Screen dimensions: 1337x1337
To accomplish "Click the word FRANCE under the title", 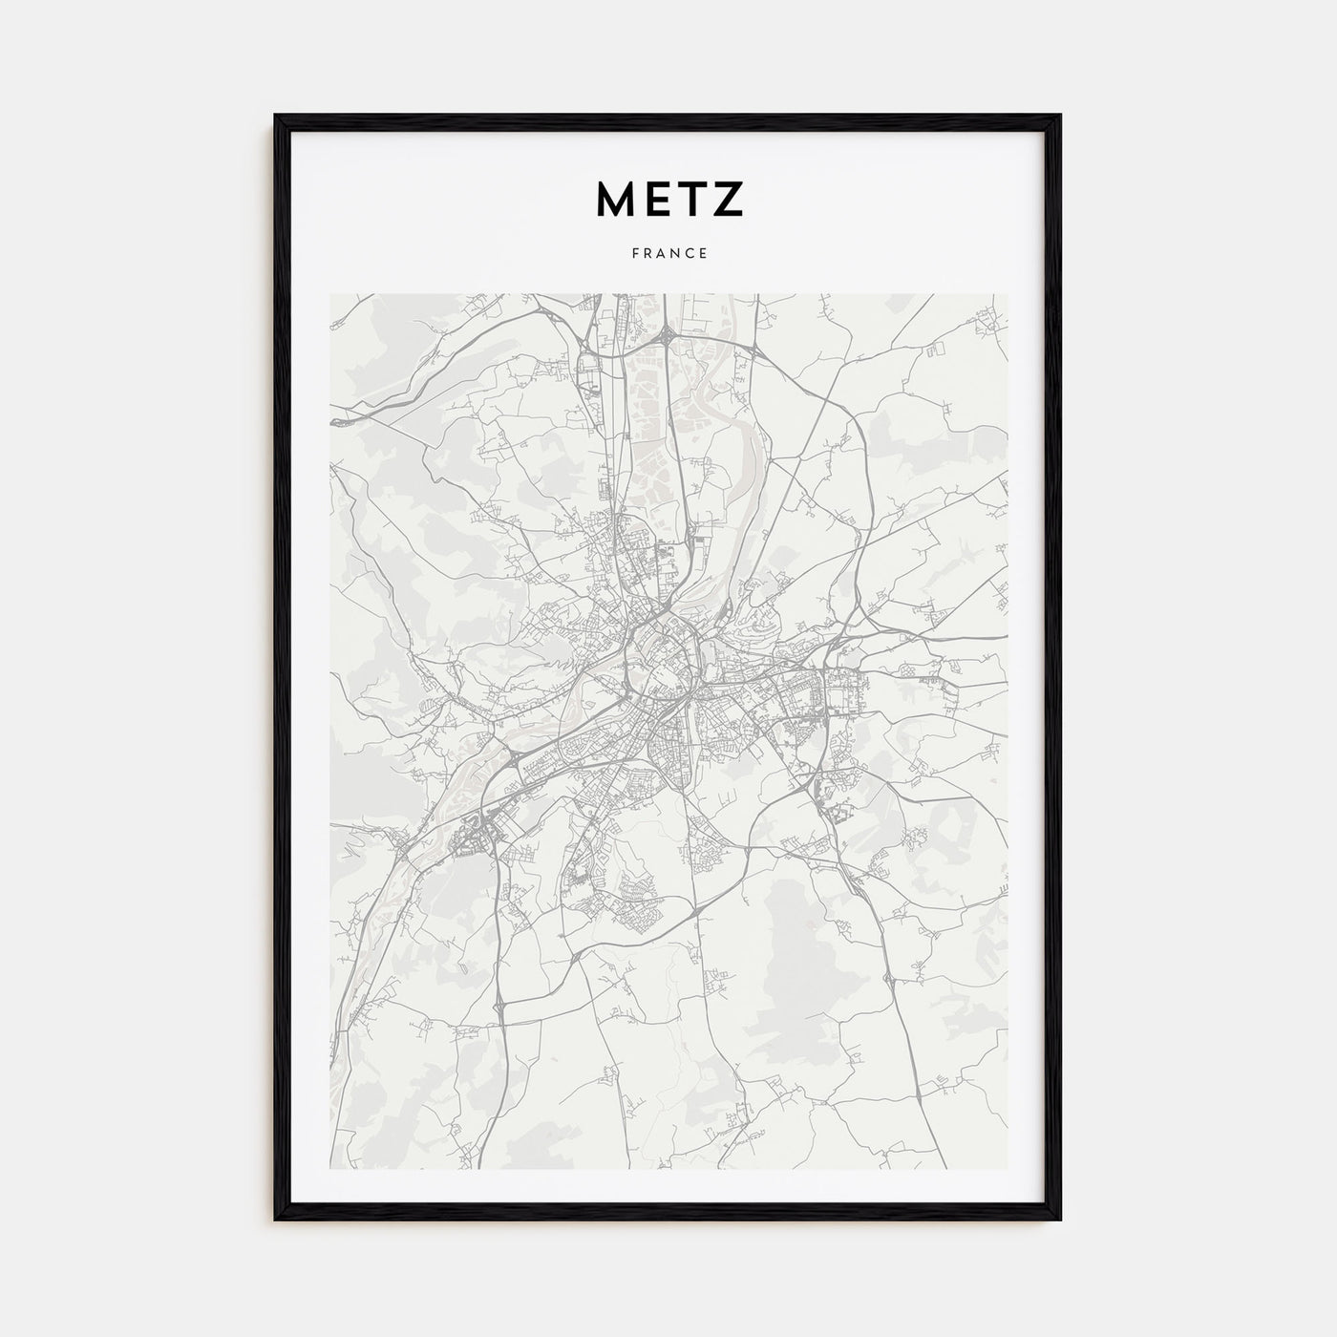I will click(x=668, y=254).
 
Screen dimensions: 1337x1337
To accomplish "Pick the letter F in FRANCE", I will click(x=633, y=254).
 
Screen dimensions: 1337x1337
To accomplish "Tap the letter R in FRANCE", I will click(x=647, y=254).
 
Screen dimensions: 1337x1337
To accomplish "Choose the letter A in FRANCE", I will click(x=661, y=254).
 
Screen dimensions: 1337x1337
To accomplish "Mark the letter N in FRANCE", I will click(x=675, y=254).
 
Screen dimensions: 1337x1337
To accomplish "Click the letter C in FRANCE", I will click(x=690, y=254).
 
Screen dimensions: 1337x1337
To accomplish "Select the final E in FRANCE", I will click(x=703, y=254).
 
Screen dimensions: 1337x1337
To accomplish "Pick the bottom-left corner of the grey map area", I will click(x=330, y=1169).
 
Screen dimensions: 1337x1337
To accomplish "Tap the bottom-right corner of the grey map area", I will click(x=1007, y=1169).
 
